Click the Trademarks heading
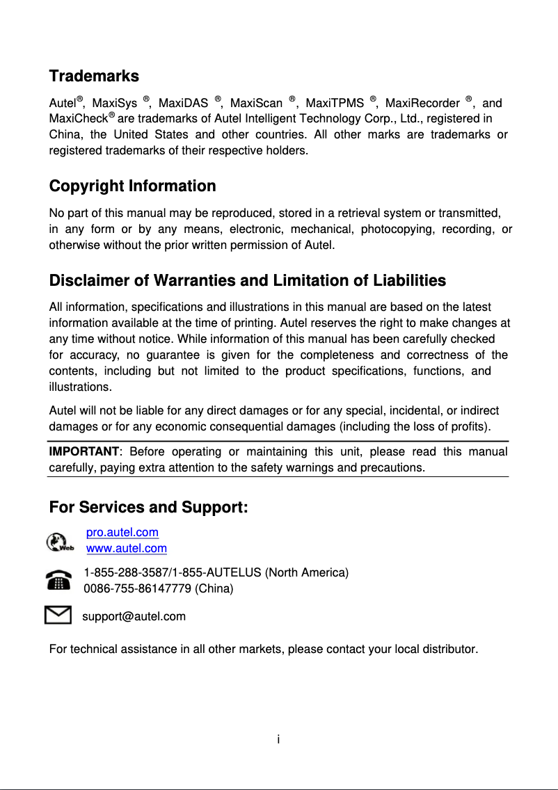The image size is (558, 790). click(x=94, y=76)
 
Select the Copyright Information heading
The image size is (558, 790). click(x=132, y=186)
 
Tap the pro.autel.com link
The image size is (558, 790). click(x=122, y=533)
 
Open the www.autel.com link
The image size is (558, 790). click(x=127, y=549)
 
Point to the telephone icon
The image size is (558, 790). click(x=58, y=580)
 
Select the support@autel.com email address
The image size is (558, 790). click(x=134, y=617)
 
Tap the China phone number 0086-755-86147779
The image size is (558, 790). click(x=137, y=589)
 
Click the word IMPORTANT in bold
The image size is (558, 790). click(x=81, y=452)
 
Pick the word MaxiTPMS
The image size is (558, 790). click(x=335, y=104)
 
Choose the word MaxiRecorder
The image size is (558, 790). click(x=422, y=104)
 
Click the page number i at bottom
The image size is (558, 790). click(x=278, y=739)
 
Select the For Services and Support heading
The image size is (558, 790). click(x=149, y=508)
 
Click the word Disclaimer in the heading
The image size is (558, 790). click(x=89, y=281)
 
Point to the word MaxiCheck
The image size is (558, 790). click(x=77, y=119)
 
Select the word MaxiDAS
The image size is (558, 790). click(x=184, y=104)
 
